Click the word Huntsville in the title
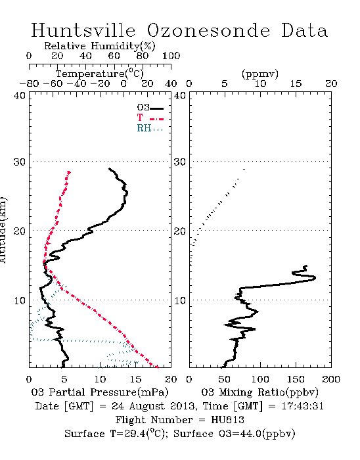point(83,30)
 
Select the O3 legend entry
point(150,108)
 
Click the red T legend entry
point(150,118)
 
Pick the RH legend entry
point(150,128)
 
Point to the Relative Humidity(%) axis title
point(100,46)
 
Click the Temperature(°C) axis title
point(100,74)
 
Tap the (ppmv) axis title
point(260,74)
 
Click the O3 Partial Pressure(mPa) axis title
point(100,392)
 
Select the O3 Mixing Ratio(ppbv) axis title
point(259,392)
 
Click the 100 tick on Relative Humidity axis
point(171,56)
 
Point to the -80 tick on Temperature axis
point(29,83)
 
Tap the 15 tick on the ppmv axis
point(296,83)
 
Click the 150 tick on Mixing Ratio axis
point(296,379)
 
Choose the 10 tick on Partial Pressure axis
point(100,379)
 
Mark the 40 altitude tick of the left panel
point(20,95)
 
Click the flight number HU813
point(227,420)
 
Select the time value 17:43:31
point(303,406)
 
